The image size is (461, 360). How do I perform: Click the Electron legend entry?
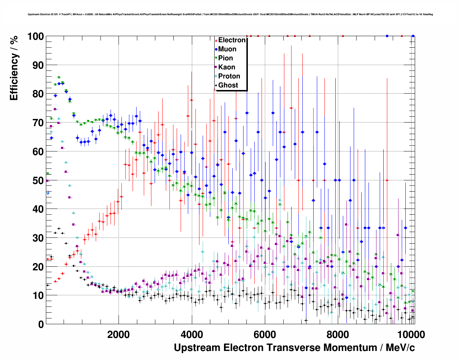click(x=232, y=40)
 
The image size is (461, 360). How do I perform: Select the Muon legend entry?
click(x=227, y=49)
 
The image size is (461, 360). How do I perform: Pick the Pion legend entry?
click(x=225, y=58)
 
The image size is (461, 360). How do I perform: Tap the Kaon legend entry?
click(x=227, y=67)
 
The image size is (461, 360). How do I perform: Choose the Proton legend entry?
click(x=229, y=76)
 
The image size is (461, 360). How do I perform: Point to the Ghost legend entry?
click(x=228, y=85)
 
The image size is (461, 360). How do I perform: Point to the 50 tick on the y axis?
click(x=38, y=180)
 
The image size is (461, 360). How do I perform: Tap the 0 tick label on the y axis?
click(x=41, y=325)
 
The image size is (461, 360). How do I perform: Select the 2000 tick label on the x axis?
click(x=119, y=335)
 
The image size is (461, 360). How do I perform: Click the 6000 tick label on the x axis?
click(x=265, y=335)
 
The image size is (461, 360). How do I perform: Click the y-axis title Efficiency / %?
click(x=14, y=68)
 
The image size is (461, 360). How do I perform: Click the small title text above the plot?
click(x=230, y=14)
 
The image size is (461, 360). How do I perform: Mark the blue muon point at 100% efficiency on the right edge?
click(x=413, y=36)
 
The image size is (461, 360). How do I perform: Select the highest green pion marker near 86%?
click(x=59, y=78)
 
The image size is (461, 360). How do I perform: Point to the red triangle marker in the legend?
click(x=216, y=40)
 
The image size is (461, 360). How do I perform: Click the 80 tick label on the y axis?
click(x=38, y=94)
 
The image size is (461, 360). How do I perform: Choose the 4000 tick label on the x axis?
click(x=191, y=335)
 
